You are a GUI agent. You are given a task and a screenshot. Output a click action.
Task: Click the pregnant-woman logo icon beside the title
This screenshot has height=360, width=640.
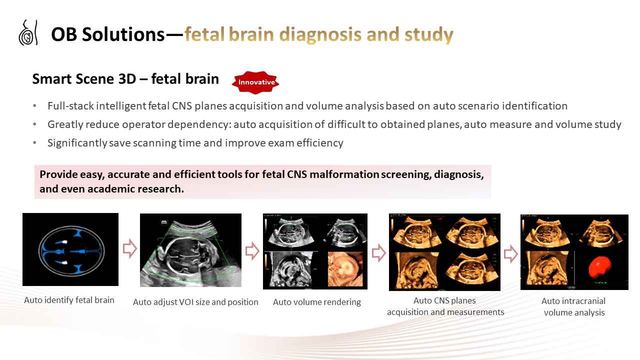click(x=28, y=32)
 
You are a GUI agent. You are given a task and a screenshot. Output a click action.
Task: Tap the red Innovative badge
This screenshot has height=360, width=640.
click(x=255, y=82)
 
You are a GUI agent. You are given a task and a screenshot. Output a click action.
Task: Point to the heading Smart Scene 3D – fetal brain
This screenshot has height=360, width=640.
click(x=125, y=79)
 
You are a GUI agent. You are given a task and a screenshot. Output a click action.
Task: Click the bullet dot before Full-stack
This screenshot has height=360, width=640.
click(x=34, y=106)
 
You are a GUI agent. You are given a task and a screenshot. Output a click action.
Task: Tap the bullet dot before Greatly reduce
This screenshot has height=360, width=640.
click(x=34, y=124)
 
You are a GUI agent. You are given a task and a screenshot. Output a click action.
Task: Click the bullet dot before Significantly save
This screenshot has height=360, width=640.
click(x=34, y=143)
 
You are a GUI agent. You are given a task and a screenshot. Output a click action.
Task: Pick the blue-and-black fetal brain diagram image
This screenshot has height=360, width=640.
click(x=70, y=249)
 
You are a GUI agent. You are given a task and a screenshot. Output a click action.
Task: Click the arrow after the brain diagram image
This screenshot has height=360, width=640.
click(x=129, y=248)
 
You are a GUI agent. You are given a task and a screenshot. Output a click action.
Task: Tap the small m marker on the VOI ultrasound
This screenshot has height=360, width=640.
click(x=163, y=222)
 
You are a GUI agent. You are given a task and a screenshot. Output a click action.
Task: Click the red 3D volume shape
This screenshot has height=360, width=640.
click(x=599, y=267)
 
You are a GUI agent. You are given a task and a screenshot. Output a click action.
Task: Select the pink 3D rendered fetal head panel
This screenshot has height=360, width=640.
click(x=345, y=269)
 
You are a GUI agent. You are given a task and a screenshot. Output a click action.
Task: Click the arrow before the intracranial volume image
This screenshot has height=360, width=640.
click(x=510, y=253)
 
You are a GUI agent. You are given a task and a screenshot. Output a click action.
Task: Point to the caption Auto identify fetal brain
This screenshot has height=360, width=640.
click(x=69, y=300)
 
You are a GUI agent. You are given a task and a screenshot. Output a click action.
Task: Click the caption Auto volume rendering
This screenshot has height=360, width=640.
click(x=317, y=302)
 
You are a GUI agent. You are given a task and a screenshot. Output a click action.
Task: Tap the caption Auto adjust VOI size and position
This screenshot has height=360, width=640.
click(x=195, y=302)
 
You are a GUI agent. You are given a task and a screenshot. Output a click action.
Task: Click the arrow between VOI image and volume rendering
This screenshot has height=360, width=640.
click(x=252, y=251)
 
